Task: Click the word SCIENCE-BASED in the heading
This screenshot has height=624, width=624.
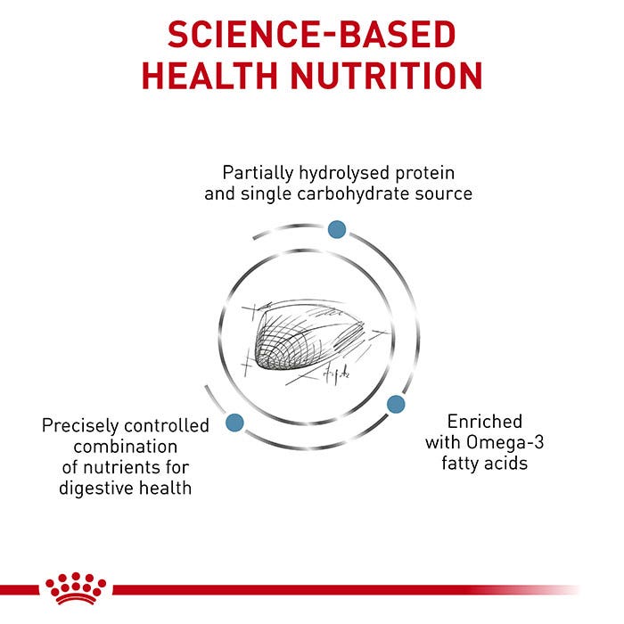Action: pyautogui.click(x=312, y=35)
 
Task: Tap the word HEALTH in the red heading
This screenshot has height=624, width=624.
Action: pyautogui.click(x=209, y=76)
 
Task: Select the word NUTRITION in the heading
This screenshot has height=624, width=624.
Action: pyautogui.click(x=387, y=76)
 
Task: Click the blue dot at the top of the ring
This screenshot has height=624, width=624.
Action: pyautogui.click(x=337, y=230)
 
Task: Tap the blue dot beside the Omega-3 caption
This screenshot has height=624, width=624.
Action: pyautogui.click(x=396, y=404)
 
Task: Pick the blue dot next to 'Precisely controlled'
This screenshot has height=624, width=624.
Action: pyautogui.click(x=234, y=423)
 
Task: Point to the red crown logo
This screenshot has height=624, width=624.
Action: pyautogui.click(x=76, y=588)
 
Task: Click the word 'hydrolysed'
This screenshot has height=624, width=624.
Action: pyautogui.click(x=344, y=173)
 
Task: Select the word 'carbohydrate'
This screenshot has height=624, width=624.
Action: pyautogui.click(x=353, y=193)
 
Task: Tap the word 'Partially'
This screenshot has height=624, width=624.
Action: pyautogui.click(x=258, y=173)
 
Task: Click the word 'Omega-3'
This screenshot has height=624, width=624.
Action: pyautogui.click(x=505, y=442)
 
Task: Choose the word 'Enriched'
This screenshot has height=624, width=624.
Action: pyautogui.click(x=485, y=422)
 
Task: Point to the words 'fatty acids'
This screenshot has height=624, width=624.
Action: pyautogui.click(x=485, y=464)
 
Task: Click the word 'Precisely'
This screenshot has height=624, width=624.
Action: pyautogui.click(x=79, y=426)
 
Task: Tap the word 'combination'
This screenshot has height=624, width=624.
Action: pyautogui.click(x=126, y=447)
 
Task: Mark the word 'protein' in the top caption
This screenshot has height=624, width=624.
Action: pyautogui.click(x=424, y=174)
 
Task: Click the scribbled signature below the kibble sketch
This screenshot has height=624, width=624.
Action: pyautogui.click(x=336, y=375)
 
